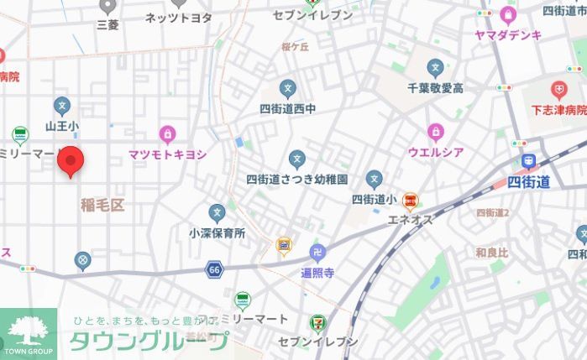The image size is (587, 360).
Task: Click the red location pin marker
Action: [71, 160]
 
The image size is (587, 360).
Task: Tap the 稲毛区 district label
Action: [102, 205]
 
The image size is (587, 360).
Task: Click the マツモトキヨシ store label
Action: [168, 154]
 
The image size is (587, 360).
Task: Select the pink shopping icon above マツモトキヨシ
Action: [168, 134]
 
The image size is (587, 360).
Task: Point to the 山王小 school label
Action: [62, 127]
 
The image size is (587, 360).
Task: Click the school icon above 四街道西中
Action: [288, 89]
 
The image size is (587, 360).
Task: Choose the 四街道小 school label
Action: [374, 199]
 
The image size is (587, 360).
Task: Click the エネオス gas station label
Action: [410, 219]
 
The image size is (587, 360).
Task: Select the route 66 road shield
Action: [215, 269]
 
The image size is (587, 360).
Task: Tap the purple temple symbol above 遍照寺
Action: [318, 253]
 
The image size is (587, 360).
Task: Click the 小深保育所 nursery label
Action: [217, 233]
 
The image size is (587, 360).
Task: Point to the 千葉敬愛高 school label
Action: [435, 87]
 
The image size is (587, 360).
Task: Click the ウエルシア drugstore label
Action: [435, 152]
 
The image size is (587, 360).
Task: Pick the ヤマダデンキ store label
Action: [508, 34]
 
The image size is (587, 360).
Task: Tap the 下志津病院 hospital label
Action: [558, 110]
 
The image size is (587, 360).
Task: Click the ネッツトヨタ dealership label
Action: [179, 18]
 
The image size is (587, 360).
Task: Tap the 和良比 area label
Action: [491, 252]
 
